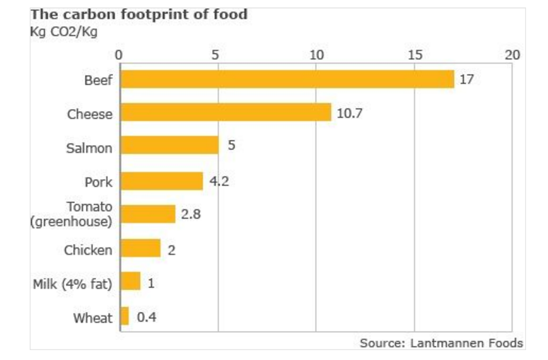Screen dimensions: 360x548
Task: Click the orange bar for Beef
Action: point(286,79)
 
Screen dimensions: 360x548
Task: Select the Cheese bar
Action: point(225,112)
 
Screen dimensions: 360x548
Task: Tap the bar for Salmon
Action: point(169,146)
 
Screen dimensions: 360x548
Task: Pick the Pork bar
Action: point(161,181)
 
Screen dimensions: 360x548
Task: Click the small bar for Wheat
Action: point(124,317)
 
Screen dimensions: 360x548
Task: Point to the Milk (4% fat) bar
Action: point(130,282)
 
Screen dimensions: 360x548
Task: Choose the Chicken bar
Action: point(140,248)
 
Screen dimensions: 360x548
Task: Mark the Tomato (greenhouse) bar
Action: point(147,214)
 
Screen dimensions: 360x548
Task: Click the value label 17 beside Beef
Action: point(467,79)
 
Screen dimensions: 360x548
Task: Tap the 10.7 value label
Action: point(349,112)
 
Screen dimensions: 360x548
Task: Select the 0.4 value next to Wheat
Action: point(146,318)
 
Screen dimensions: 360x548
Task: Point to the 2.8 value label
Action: point(191,214)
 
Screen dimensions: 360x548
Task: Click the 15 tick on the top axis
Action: point(414,55)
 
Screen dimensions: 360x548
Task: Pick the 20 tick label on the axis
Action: point(513,55)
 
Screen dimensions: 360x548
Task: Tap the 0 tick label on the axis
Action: point(119,55)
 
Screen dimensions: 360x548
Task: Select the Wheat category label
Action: point(93,318)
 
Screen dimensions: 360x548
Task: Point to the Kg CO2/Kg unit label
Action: point(63,32)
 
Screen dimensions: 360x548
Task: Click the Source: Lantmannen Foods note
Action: point(441,343)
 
